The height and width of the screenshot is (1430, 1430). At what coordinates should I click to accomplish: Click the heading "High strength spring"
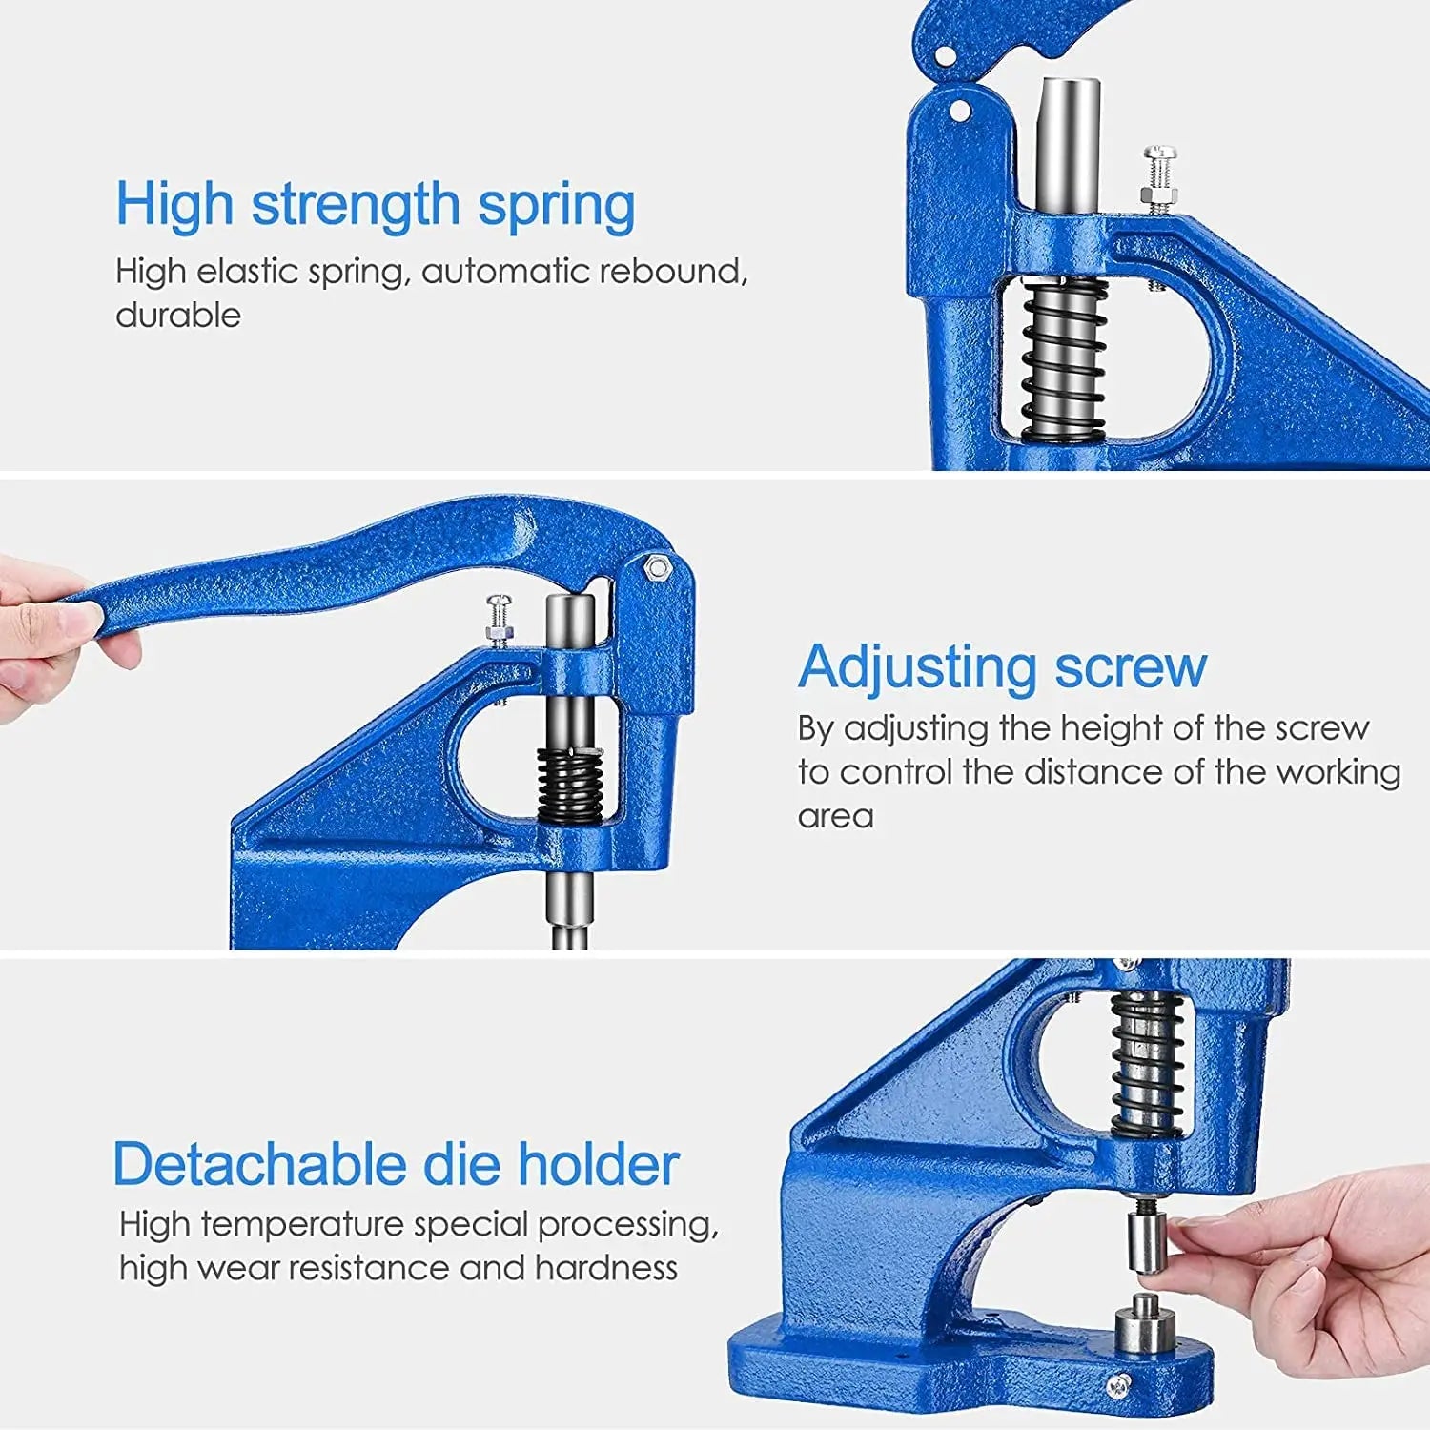[375, 205]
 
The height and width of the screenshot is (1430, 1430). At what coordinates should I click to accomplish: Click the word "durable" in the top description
[178, 316]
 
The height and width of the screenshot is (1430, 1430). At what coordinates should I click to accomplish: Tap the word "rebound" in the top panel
[669, 272]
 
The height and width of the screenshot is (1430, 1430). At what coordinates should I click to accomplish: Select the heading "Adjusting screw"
[1002, 666]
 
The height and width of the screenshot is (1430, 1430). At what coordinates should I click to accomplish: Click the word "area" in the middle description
[835, 817]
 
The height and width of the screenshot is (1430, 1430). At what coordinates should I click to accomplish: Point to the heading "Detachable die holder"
[396, 1165]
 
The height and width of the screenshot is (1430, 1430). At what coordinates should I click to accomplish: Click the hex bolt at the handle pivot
[656, 567]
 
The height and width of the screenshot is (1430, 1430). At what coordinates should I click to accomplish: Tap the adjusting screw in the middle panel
[499, 620]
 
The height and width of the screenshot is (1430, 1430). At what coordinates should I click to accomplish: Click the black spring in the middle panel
[569, 784]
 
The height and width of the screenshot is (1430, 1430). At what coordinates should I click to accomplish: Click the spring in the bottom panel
[1148, 1063]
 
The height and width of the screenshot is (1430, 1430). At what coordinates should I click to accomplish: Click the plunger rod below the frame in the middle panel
[570, 906]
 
